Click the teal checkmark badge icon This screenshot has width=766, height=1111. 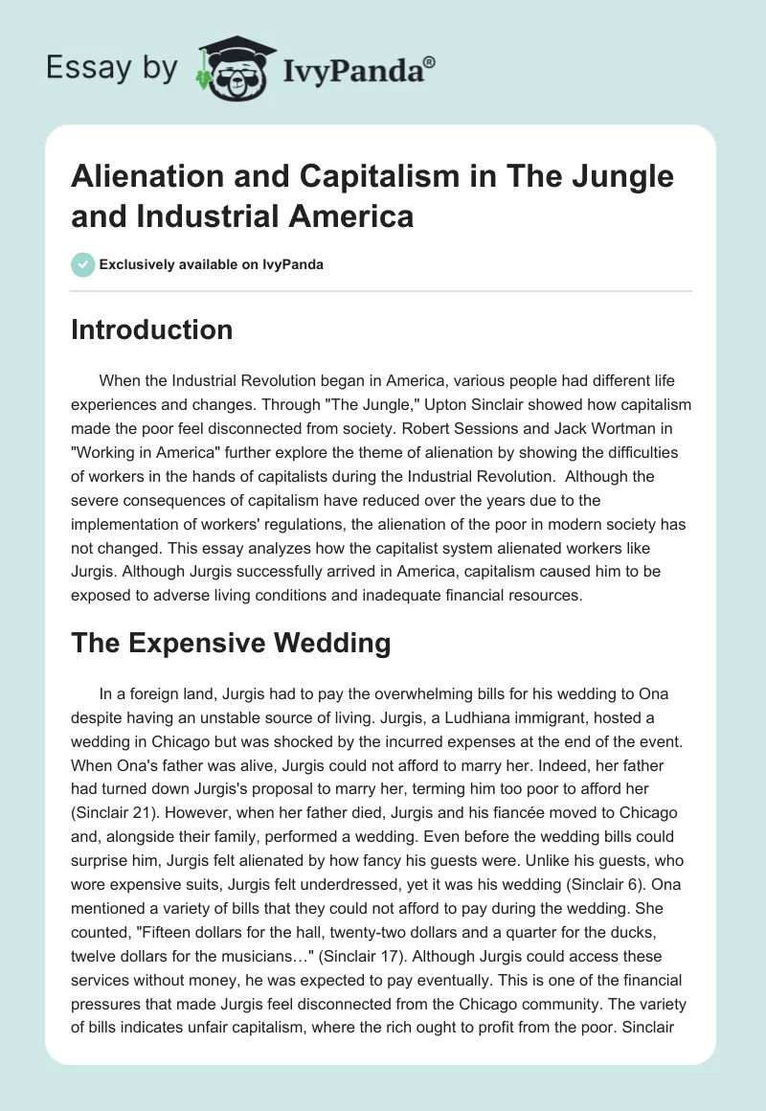82,264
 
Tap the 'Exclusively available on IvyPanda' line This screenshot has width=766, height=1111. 211,264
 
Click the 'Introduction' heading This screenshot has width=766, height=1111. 152,330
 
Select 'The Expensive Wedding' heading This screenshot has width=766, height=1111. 231,644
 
